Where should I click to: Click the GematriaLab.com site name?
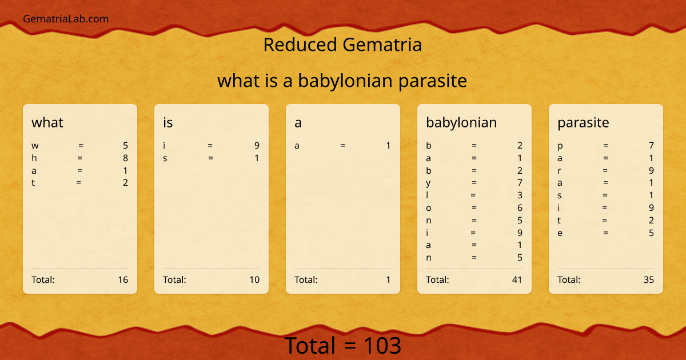click(66, 19)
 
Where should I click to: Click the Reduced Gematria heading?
click(342, 45)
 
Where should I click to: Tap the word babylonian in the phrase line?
click(345, 81)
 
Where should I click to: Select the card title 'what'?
click(47, 122)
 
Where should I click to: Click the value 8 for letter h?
click(125, 158)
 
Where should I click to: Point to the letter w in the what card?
click(35, 146)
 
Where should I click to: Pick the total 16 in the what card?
click(123, 279)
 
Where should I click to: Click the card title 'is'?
click(168, 122)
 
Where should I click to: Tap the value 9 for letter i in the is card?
click(257, 146)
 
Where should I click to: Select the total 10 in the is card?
click(254, 279)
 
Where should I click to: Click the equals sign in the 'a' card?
click(342, 146)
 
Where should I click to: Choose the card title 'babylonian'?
click(461, 122)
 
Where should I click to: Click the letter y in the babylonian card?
click(428, 183)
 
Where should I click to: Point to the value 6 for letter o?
click(520, 208)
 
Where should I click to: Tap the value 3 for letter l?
click(520, 195)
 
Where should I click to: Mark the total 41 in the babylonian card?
click(517, 279)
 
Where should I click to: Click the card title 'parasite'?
click(583, 122)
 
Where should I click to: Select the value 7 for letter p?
click(651, 146)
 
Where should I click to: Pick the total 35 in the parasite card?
click(649, 279)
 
